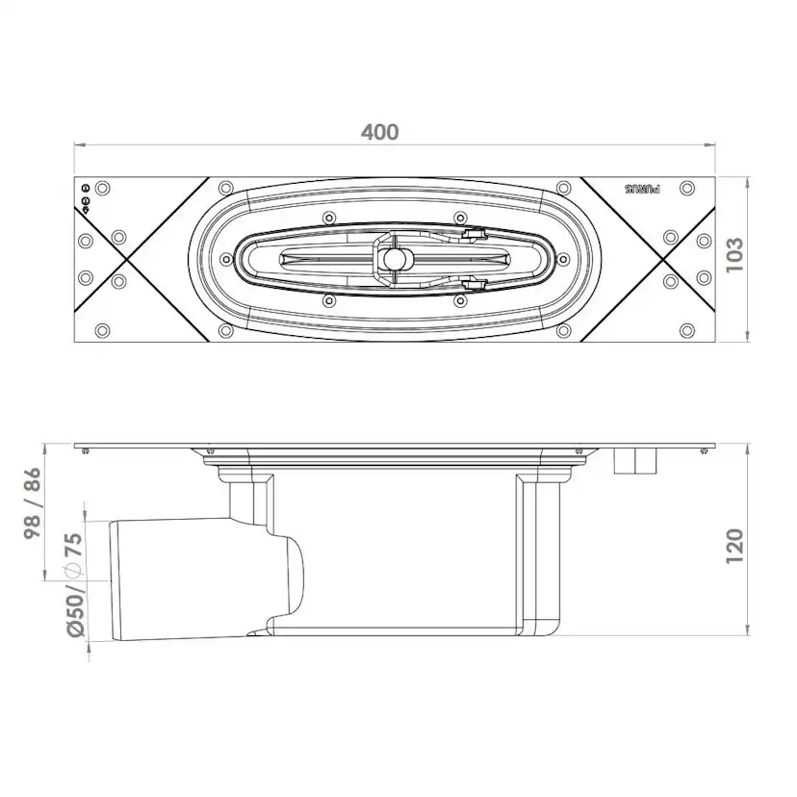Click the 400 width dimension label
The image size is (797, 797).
point(379,132)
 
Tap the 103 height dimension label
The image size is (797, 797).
point(734,255)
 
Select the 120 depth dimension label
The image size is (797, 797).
point(734,546)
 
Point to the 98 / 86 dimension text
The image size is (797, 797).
point(33,504)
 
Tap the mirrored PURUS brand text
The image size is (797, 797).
point(642,189)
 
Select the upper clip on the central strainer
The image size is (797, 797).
point(474,234)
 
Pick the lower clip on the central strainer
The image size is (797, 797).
point(474,283)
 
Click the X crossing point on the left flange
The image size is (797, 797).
point(125,259)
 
